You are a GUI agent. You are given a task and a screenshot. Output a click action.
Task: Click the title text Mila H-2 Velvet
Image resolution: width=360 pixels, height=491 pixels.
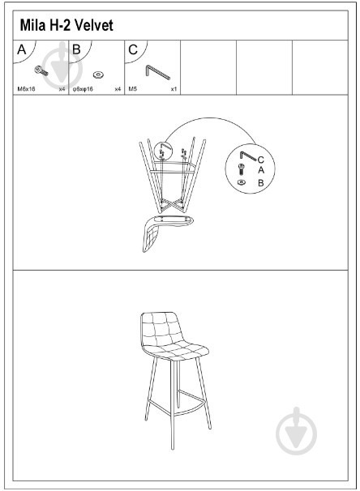pyautogui.click(x=66, y=25)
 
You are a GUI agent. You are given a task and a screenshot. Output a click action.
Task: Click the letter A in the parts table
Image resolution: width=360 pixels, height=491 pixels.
pyautogui.click(x=22, y=49)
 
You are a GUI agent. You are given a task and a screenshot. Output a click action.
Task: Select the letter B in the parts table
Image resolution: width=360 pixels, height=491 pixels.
pyautogui.click(x=76, y=49)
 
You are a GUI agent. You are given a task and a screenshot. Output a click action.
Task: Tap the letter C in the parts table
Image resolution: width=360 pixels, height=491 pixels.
pyautogui.click(x=133, y=49)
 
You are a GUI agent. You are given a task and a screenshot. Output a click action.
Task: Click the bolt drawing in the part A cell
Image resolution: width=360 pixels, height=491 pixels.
pyautogui.click(x=41, y=70)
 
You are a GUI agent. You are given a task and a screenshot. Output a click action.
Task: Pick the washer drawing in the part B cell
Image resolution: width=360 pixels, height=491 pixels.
pyautogui.click(x=98, y=75)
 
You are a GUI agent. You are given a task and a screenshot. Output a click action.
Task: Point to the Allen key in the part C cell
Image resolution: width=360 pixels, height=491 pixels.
pyautogui.click(x=157, y=72)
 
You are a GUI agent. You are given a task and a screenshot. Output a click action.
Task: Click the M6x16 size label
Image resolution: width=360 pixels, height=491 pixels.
pyautogui.click(x=26, y=89)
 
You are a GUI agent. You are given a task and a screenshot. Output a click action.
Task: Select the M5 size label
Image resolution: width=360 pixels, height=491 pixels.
pyautogui.click(x=132, y=89)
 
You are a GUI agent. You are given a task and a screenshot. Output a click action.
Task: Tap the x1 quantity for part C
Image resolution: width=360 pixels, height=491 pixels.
pyautogui.click(x=174, y=89)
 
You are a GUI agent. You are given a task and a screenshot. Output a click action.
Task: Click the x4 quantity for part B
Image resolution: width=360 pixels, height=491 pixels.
pyautogui.click(x=118, y=89)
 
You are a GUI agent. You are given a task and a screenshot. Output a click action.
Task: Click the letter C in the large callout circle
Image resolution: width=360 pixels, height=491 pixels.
pyautogui.click(x=261, y=160)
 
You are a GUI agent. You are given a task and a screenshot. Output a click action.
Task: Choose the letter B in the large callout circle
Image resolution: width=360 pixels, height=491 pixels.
pyautogui.click(x=261, y=183)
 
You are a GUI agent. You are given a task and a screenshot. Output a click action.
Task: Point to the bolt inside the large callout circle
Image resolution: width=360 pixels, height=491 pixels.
pyautogui.click(x=242, y=169)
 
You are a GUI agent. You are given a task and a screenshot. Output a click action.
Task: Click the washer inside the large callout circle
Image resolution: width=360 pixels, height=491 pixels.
pyautogui.click(x=242, y=182)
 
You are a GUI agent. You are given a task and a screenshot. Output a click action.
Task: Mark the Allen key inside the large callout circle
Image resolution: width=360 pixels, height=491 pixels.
pyautogui.click(x=248, y=156)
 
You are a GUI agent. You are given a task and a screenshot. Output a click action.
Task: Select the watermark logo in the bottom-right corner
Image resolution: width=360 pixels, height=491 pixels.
pyautogui.click(x=296, y=431)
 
